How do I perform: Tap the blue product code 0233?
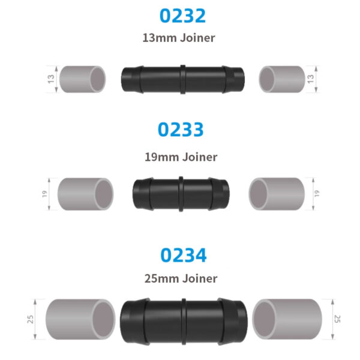(x=180, y=130)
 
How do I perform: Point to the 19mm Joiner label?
(x=181, y=157)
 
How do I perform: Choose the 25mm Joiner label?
(x=181, y=278)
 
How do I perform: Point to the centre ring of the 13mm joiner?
(x=182, y=79)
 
